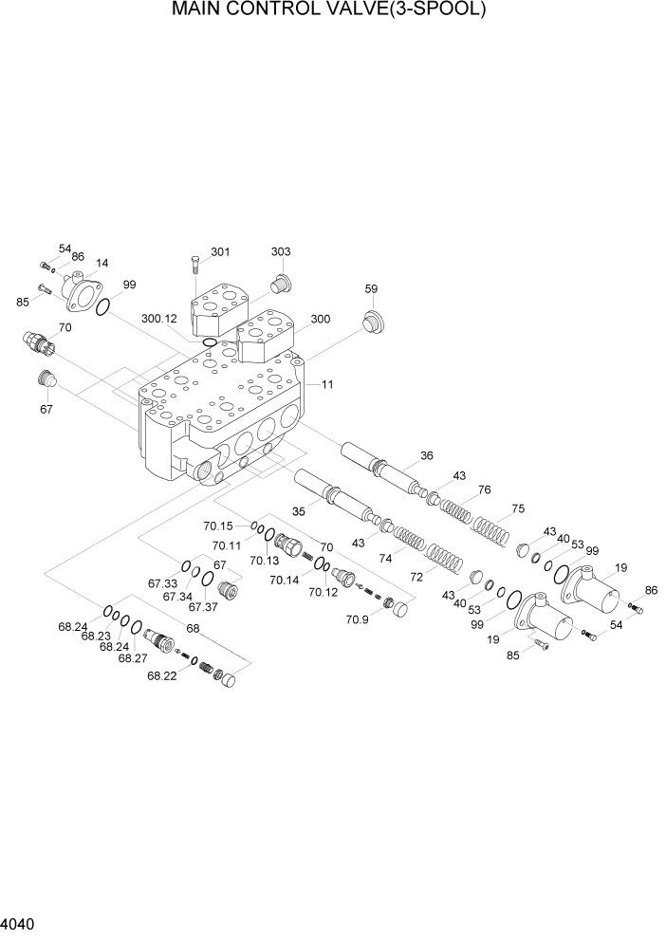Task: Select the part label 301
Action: coord(220,252)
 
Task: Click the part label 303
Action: coord(281,252)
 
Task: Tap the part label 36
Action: coord(427,456)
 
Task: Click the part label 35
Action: coord(299,511)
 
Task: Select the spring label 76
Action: coord(484,490)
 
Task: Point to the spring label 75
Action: coord(517,508)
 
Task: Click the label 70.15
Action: coord(218,526)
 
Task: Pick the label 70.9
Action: coord(357,620)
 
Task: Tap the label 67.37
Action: coord(202,606)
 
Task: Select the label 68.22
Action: coord(162,675)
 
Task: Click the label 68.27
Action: coord(132,657)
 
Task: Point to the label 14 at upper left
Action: coord(102,264)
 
